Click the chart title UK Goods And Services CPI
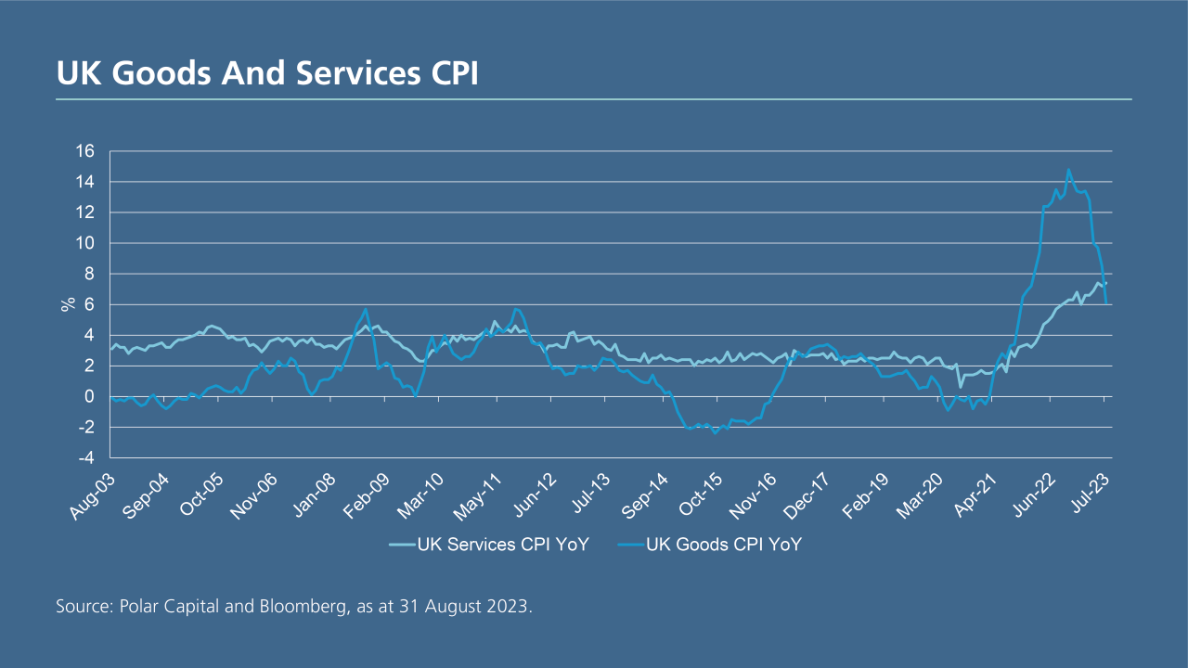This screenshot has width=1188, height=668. [267, 73]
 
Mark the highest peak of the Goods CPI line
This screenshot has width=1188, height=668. [1068, 170]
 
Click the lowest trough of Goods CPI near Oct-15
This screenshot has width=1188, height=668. [715, 433]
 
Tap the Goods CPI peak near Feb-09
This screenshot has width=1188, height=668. [366, 309]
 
